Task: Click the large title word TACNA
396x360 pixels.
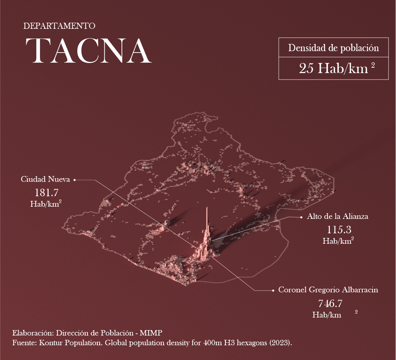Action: point(88,51)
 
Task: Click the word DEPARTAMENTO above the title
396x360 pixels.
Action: point(59,26)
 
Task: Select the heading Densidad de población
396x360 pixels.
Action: point(333,48)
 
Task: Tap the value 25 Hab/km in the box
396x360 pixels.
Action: point(333,68)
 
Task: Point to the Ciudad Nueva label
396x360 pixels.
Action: point(45,179)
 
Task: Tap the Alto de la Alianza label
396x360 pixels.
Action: point(337,217)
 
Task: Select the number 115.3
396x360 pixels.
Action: point(339,229)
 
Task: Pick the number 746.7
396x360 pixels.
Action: point(330,303)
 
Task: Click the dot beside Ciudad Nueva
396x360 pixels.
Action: point(74,180)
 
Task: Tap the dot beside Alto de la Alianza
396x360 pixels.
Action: point(301,217)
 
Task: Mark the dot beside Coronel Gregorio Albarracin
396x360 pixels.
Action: point(273,290)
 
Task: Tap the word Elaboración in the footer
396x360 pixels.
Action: point(30,332)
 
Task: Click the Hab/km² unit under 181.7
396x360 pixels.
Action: point(45,204)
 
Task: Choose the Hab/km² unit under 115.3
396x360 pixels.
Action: point(338,241)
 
